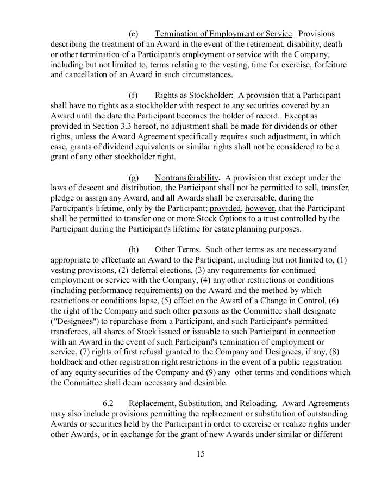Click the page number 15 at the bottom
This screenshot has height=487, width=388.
201,454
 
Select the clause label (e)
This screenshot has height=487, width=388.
133,34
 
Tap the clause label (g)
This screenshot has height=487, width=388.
133,178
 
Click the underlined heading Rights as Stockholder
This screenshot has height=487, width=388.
193,95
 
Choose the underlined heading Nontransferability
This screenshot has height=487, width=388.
187,178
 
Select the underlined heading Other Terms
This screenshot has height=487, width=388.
177,249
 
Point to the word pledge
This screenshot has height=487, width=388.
63,198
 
